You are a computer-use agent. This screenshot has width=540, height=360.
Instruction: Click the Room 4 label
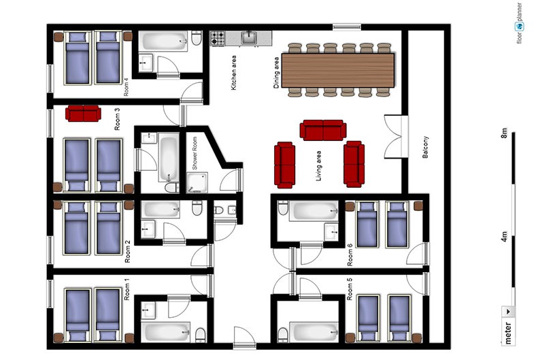[x=126, y=88]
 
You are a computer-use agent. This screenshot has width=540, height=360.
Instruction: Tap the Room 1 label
[x=127, y=291]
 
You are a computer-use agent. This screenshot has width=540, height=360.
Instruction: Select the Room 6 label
[x=350, y=255]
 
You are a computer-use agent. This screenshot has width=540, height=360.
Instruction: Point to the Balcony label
[x=425, y=147]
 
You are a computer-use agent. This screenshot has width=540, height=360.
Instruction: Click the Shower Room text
[x=195, y=153]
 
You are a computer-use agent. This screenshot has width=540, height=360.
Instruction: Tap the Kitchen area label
[x=233, y=73]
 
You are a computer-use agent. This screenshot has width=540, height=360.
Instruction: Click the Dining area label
[x=277, y=73]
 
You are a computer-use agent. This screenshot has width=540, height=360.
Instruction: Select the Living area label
[x=318, y=165]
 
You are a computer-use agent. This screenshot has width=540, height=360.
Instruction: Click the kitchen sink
[x=249, y=37]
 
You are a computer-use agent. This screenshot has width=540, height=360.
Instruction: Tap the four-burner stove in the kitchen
[x=218, y=38]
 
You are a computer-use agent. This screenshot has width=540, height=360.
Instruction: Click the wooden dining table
[x=338, y=70]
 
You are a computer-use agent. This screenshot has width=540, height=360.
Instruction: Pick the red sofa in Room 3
[x=84, y=114]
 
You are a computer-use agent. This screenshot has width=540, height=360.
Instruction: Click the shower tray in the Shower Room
[x=197, y=182]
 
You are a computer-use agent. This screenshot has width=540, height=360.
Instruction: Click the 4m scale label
[x=504, y=236]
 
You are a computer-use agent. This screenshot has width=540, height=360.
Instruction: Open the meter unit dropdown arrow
[x=508, y=312]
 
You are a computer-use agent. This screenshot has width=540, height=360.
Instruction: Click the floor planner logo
[x=520, y=23]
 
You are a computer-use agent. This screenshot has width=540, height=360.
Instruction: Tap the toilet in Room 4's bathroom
[x=197, y=38]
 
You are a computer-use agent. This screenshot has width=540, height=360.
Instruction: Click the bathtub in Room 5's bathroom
[x=314, y=331]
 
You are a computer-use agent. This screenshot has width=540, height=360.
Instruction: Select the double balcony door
[x=394, y=137]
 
